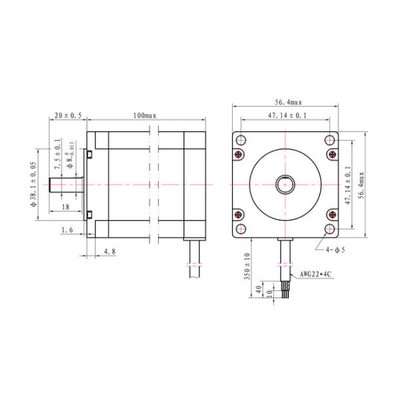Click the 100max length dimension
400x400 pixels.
coord(144,115)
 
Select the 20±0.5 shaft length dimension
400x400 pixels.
coord(68,115)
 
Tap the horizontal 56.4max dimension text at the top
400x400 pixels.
coord(287,103)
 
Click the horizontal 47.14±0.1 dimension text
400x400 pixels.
coord(287,116)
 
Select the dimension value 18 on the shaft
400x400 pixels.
coord(65,207)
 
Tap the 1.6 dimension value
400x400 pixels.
coord(67,230)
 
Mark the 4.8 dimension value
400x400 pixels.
coord(110,252)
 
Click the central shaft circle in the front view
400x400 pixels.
coord(287,183)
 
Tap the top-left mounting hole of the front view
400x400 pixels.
coord(241,140)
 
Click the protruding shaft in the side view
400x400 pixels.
coord(65,183)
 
